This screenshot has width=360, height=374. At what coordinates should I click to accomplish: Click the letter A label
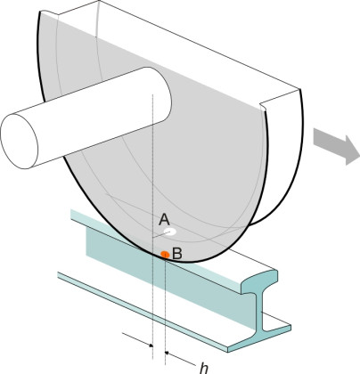pyautogui.click(x=164, y=220)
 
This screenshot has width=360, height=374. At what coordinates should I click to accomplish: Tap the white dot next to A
pyautogui.click(x=170, y=232)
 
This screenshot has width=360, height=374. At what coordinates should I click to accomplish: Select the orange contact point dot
pyautogui.click(x=165, y=255)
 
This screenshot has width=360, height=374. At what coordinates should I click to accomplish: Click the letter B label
pyautogui.click(x=177, y=254)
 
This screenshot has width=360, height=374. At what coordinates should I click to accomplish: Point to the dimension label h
pyautogui.click(x=204, y=369)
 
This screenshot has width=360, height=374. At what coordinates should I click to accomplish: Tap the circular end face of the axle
pyautogui.click(x=20, y=142)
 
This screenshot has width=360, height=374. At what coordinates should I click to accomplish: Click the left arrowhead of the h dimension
pyautogui.click(x=151, y=346)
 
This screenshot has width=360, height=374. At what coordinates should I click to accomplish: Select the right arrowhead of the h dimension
pyautogui.click(x=167, y=353)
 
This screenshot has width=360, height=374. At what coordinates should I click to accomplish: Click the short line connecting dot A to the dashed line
pyautogui.click(x=161, y=234)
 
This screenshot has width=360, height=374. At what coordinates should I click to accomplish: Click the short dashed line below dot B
pyautogui.click(x=165, y=310)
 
